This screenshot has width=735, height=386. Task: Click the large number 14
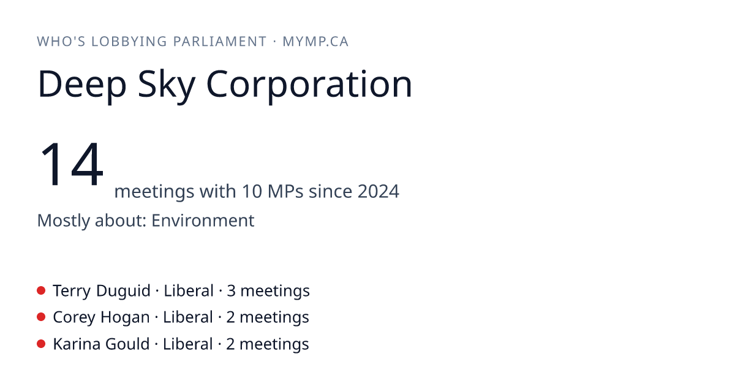pyautogui.click(x=72, y=164)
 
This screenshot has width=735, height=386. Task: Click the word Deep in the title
pyautogui.click(x=82, y=85)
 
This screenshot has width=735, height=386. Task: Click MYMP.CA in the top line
pyautogui.click(x=315, y=42)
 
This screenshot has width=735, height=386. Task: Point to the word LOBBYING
pyautogui.click(x=129, y=42)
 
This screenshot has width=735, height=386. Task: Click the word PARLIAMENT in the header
pyautogui.click(x=220, y=42)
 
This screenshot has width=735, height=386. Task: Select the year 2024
pyautogui.click(x=379, y=191)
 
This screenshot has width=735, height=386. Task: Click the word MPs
pyautogui.click(x=285, y=191)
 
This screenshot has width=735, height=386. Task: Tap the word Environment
pyautogui.click(x=203, y=220)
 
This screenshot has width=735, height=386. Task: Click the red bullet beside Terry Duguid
pyautogui.click(x=41, y=290)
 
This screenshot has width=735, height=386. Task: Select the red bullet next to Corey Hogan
pyautogui.click(x=41, y=317)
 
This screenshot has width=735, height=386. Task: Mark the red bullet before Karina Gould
pyautogui.click(x=41, y=344)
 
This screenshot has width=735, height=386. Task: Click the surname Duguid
pyautogui.click(x=123, y=291)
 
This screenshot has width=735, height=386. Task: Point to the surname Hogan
pyautogui.click(x=125, y=318)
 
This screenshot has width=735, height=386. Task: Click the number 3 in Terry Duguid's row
pyautogui.click(x=231, y=291)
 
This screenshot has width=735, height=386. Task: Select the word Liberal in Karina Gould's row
pyautogui.click(x=187, y=344)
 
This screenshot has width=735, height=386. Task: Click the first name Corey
pyautogui.click(x=74, y=318)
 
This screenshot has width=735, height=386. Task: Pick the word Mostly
pyautogui.click(x=63, y=221)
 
